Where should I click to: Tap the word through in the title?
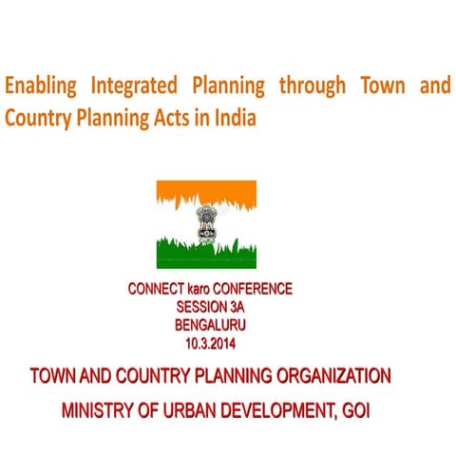pos(313,86)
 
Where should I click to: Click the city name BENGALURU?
pos(210,323)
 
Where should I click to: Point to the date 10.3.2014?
pos(209,340)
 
